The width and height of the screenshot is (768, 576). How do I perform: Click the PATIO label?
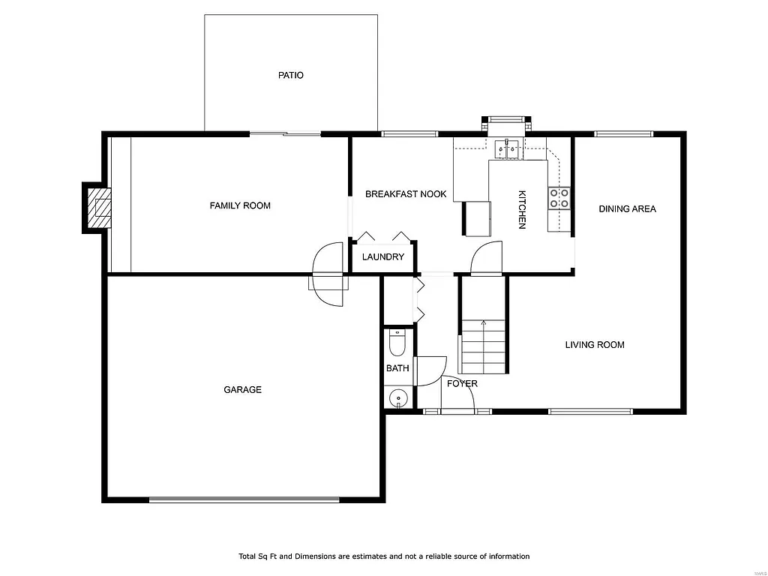click(x=291, y=75)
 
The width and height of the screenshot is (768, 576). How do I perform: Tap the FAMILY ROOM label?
click(x=240, y=205)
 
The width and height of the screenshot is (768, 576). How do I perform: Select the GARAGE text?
click(x=242, y=389)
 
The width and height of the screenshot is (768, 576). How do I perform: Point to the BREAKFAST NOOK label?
click(x=406, y=194)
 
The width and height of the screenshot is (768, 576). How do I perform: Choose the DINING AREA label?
click(x=627, y=208)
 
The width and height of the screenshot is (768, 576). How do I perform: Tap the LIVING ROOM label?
click(x=594, y=345)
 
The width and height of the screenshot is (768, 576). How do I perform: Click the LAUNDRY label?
click(x=383, y=257)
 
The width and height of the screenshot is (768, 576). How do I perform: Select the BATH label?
click(x=397, y=368)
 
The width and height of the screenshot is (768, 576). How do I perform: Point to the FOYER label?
click(x=462, y=383)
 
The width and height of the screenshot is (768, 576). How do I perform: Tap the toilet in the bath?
click(x=397, y=343)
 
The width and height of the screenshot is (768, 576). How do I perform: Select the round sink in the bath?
click(x=397, y=397)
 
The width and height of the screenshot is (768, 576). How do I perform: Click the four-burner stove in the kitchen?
click(x=559, y=198)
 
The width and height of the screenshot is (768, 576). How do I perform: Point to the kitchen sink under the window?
click(x=508, y=149)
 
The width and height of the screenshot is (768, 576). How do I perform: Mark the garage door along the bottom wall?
click(x=244, y=499)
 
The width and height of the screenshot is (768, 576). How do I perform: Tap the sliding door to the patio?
click(x=285, y=134)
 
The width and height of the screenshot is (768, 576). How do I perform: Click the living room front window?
click(x=590, y=411)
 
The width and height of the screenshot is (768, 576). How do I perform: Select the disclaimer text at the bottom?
click(x=384, y=556)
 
